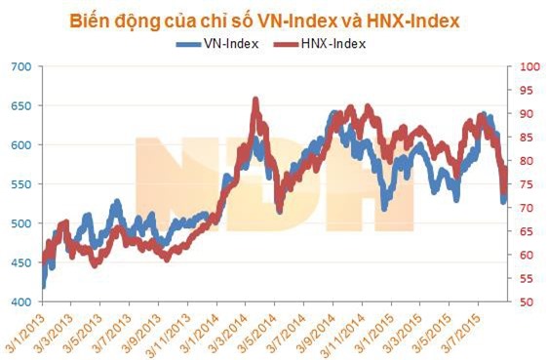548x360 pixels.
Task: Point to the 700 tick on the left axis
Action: click(21, 66)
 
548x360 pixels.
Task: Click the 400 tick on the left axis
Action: click(21, 302)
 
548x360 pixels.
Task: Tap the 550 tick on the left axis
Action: click(21, 184)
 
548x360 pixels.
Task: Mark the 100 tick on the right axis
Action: click(527, 66)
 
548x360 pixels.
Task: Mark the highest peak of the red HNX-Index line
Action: click(255, 100)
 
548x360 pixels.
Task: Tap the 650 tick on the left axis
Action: click(21, 105)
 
